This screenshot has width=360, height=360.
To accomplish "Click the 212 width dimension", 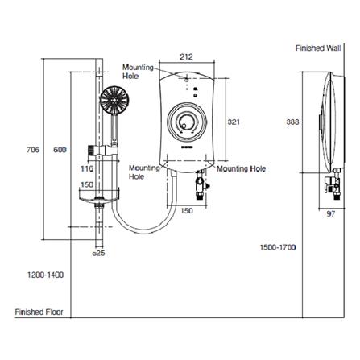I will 187,56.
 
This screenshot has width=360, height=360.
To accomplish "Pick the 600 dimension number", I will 60,150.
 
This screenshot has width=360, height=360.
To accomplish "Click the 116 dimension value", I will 87,169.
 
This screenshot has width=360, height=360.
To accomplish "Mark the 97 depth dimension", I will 331,213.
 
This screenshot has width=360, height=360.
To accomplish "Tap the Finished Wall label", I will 319,48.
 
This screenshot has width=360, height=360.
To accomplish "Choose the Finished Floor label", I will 39,312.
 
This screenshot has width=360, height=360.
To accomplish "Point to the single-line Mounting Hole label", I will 241,169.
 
